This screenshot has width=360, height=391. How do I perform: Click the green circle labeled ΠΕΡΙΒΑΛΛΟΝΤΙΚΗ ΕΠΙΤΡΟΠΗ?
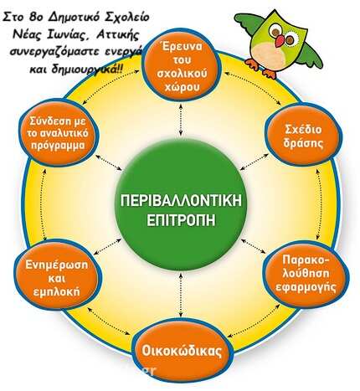coord(182,207)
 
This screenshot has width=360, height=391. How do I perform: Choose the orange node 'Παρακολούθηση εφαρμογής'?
coord(306,275)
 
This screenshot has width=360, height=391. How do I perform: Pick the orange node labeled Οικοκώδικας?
coord(181,352)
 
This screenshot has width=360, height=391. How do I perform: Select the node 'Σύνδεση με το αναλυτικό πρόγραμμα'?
coord(58,133)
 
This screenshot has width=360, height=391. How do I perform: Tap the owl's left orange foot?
coord(252,64)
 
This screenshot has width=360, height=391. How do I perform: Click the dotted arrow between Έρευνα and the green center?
coord(181,119)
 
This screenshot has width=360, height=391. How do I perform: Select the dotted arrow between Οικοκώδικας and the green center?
coord(181,295)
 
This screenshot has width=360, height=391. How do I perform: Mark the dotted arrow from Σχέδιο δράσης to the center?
coord(255,162)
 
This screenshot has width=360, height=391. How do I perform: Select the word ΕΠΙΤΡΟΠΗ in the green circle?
coord(181,219)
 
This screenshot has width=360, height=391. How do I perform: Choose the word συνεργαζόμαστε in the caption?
coord(55,52)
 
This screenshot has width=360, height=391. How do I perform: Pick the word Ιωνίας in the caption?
coord(66,36)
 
